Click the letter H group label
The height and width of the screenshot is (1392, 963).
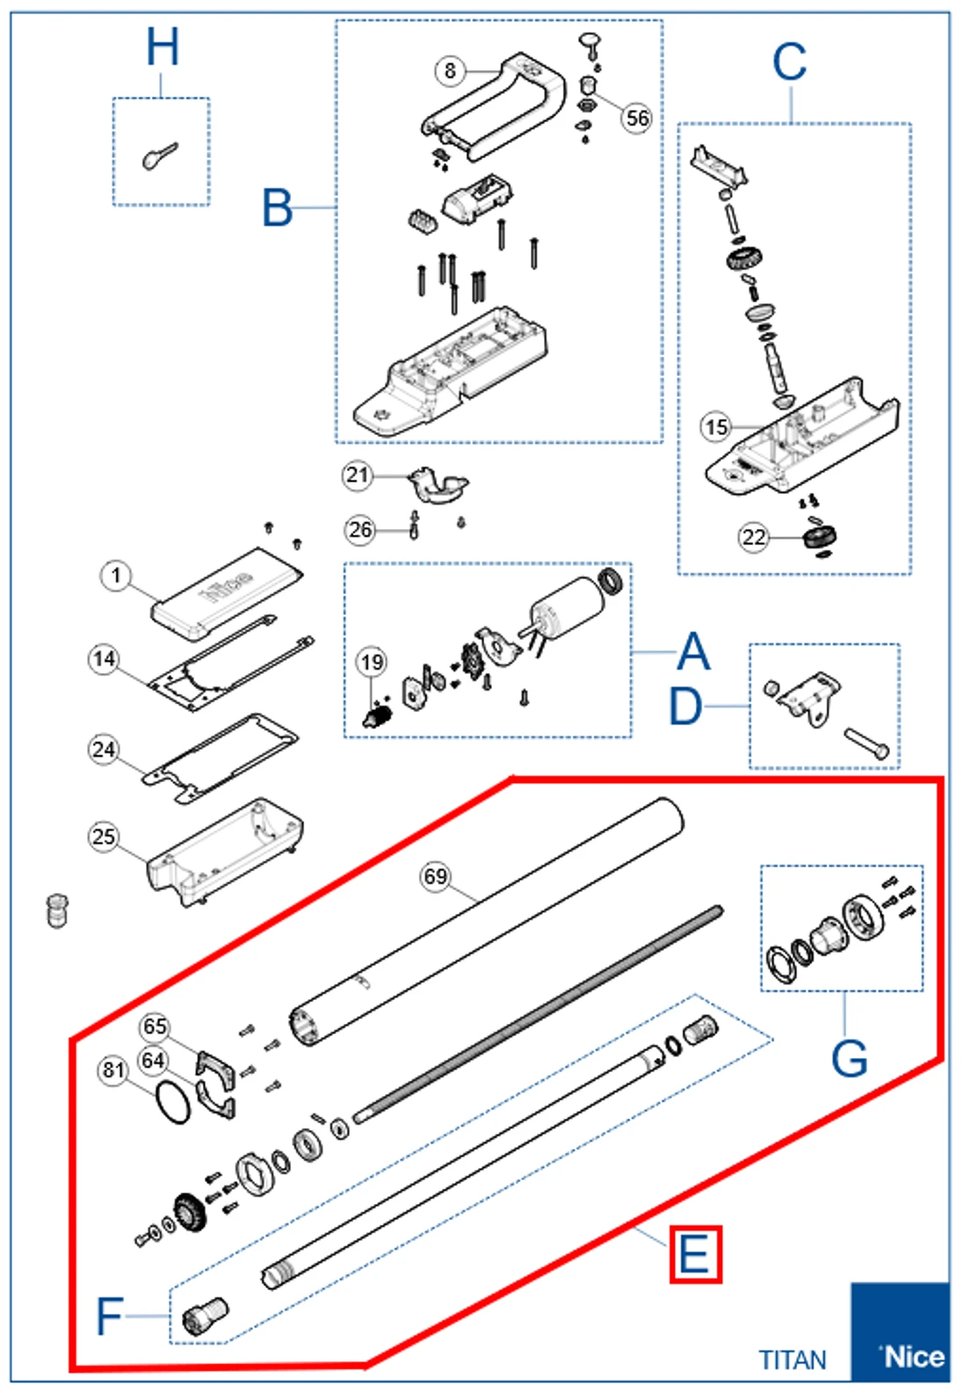click(x=163, y=47)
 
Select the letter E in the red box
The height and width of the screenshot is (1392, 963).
click(x=695, y=1254)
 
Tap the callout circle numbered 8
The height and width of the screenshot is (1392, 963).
click(x=450, y=70)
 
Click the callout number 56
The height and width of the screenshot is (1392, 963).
click(x=637, y=118)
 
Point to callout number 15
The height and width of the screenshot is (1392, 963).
click(x=716, y=428)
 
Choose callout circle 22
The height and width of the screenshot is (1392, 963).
click(x=754, y=537)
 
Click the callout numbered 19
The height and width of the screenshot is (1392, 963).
click(x=372, y=662)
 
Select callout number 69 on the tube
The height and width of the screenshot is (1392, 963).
click(x=436, y=876)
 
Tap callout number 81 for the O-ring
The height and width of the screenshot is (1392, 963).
click(x=113, y=1069)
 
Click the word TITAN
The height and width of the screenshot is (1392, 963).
click(x=793, y=1360)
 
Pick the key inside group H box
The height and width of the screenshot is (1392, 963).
click(x=160, y=156)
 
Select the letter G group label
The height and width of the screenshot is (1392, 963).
click(x=849, y=1058)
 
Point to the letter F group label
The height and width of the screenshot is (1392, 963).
click(x=109, y=1316)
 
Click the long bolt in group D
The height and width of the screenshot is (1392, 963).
click(x=866, y=743)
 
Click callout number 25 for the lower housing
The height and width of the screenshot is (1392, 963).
click(x=104, y=836)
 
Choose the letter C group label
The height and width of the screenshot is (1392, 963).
click(x=789, y=63)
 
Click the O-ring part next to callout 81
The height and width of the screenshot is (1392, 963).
click(x=172, y=1103)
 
